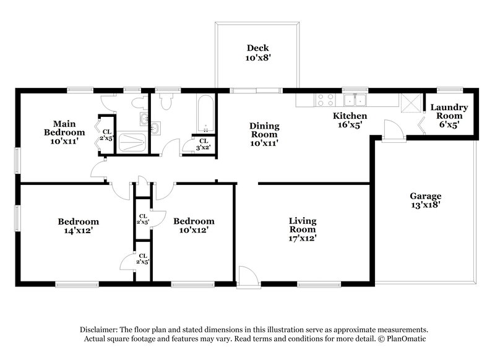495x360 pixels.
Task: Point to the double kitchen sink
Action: pyautogui.click(x=356, y=99)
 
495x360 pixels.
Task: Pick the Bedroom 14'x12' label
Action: pyautogui.click(x=79, y=226)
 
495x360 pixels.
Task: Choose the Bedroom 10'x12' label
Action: pyautogui.click(x=194, y=226)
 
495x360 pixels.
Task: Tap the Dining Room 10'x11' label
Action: pyautogui.click(x=264, y=134)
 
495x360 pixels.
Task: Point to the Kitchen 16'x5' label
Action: pyautogui.click(x=350, y=120)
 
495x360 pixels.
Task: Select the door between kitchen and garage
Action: pyautogui.click(x=390, y=131)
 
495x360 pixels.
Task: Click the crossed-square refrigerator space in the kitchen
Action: pyautogui.click(x=408, y=101)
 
